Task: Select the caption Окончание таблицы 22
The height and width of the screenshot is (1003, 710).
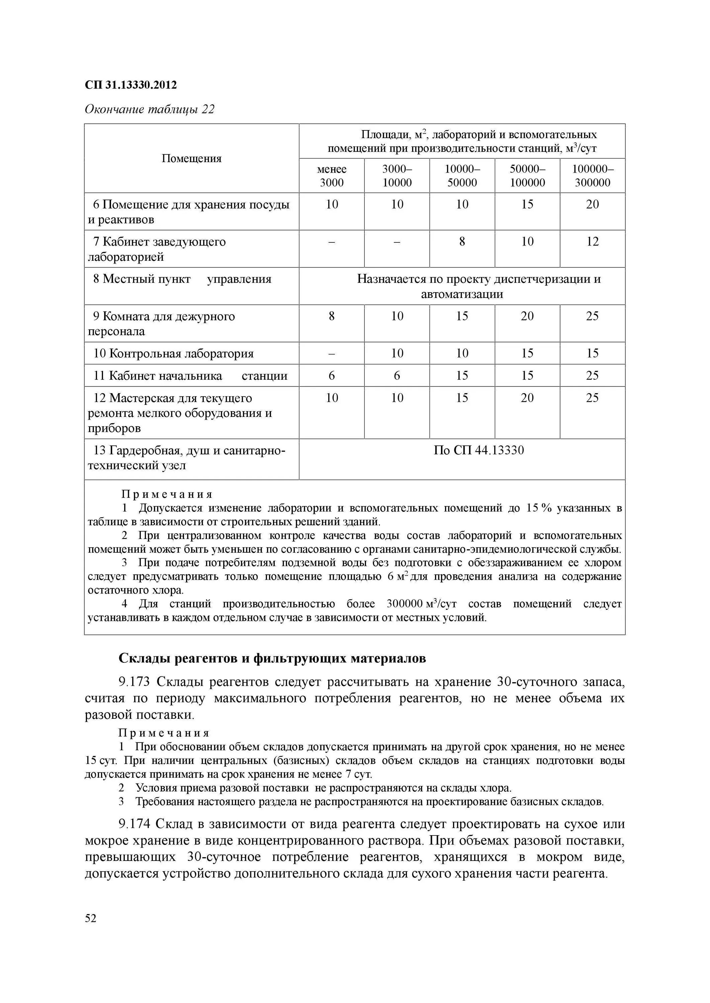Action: [x=150, y=109]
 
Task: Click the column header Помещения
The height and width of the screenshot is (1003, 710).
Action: [x=191, y=158]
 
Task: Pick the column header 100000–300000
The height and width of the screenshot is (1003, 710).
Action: [x=593, y=176]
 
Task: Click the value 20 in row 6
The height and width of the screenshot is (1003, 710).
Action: [x=593, y=204]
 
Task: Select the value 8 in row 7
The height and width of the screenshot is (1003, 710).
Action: [x=462, y=242]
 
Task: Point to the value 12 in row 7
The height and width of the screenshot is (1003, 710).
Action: [x=593, y=242]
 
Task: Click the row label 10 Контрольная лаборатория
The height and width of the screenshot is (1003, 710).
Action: [x=174, y=353]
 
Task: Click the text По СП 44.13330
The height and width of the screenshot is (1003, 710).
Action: [x=479, y=450]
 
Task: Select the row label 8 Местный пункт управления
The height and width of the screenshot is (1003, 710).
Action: [x=182, y=279]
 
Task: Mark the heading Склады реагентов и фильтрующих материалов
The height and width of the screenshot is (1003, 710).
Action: [x=272, y=658]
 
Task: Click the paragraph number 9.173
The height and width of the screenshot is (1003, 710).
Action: [x=134, y=682]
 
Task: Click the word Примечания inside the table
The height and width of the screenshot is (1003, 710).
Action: [x=167, y=494]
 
